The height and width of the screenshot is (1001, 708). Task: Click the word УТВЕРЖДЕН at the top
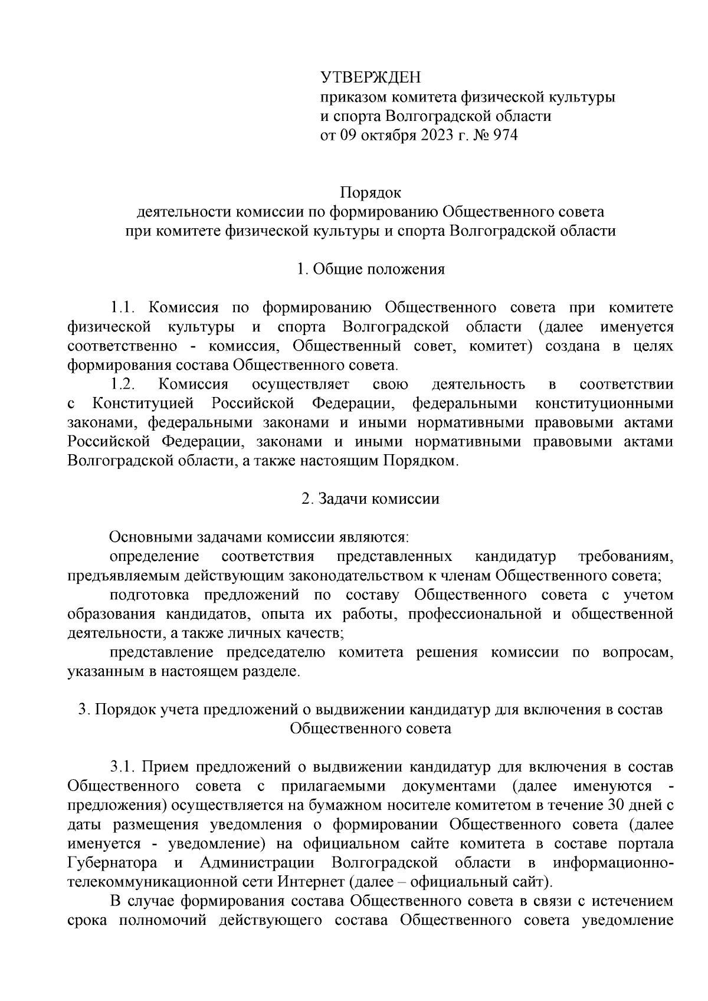(x=371, y=77)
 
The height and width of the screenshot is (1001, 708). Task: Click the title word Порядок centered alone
(x=371, y=192)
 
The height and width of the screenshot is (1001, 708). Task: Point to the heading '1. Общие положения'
(x=371, y=270)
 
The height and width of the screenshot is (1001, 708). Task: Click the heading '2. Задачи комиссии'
(x=371, y=498)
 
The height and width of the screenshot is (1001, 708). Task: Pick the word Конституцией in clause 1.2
(x=143, y=403)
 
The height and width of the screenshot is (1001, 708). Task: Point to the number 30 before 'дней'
(x=615, y=805)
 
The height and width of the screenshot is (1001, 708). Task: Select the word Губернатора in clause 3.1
(x=112, y=862)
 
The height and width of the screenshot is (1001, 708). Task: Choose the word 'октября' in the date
(x=388, y=135)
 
